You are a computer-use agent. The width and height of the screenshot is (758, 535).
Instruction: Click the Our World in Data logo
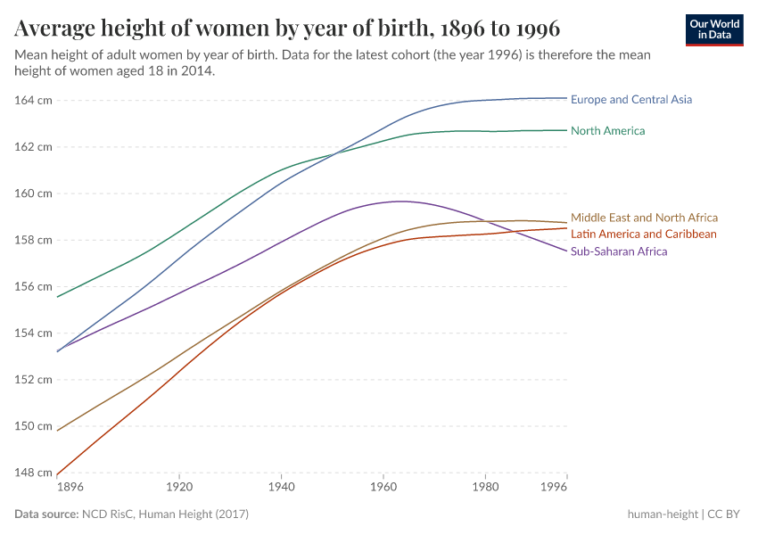pyautogui.click(x=713, y=29)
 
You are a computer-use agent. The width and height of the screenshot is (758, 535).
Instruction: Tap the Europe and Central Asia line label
pyautogui.click(x=630, y=100)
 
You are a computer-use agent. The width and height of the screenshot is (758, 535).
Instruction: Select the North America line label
pyautogui.click(x=607, y=131)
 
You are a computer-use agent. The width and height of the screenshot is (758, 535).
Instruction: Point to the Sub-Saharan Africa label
pyautogui.click(x=619, y=251)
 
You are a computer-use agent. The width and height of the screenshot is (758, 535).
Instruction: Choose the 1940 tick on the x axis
pyautogui.click(x=281, y=489)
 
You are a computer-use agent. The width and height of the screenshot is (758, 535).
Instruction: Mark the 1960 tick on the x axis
pyautogui.click(x=383, y=489)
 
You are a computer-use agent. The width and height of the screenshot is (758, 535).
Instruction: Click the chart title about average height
pyautogui.click(x=287, y=29)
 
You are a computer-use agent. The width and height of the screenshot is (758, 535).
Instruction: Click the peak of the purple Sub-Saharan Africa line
pyautogui.click(x=401, y=201)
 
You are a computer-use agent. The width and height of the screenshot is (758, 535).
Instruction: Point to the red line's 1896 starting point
pyautogui.click(x=58, y=474)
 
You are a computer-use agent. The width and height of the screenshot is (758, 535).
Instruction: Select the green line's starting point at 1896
pyautogui.click(x=58, y=297)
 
